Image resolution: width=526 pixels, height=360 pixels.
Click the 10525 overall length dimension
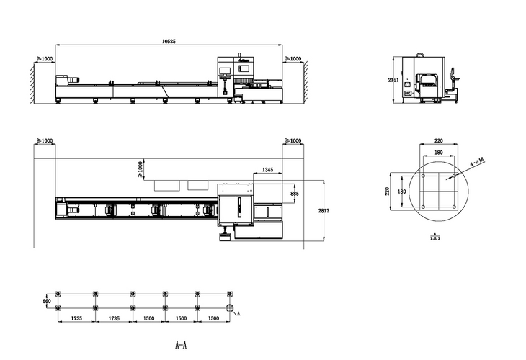pyautogui.click(x=168, y=42)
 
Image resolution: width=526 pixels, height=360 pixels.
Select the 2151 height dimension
pyautogui.click(x=392, y=79)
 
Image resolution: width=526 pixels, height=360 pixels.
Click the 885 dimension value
pyautogui.click(x=294, y=194)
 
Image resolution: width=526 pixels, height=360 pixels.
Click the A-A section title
pyautogui.click(x=181, y=345)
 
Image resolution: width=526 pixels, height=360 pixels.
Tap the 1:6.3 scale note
pyautogui.click(x=433, y=235)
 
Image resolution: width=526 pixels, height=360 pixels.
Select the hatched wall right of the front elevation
pyautogui.click(x=306, y=80)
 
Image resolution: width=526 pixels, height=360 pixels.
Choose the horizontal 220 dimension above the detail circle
pyautogui.click(x=437, y=142)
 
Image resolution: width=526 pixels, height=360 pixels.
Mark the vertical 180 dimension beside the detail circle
pyautogui.click(x=403, y=192)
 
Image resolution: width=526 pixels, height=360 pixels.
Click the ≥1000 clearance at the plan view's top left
pyautogui.click(x=44, y=140)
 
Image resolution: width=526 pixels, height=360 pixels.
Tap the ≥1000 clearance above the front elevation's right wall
pyautogui.click(x=294, y=58)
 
